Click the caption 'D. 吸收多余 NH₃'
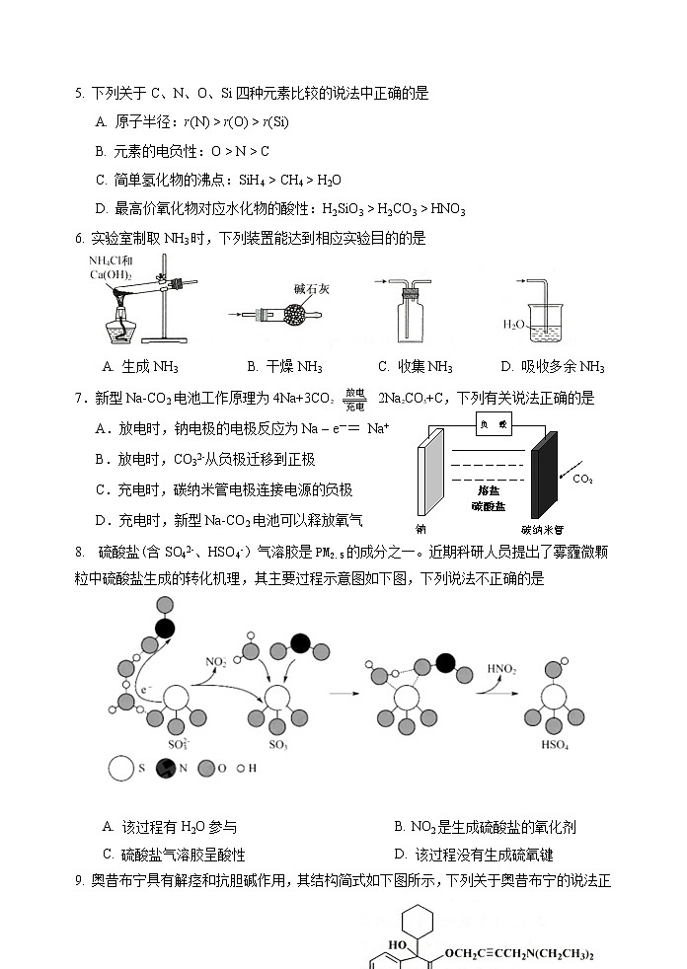point(552,367)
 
